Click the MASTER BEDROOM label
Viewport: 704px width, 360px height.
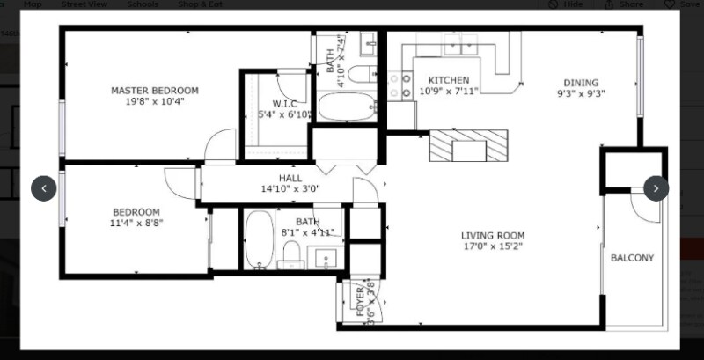(x=154, y=90)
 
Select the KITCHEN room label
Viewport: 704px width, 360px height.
(x=448, y=80)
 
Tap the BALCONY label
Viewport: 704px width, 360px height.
(x=632, y=258)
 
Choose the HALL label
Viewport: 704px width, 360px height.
(x=290, y=177)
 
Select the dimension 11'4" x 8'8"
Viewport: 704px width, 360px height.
(x=136, y=223)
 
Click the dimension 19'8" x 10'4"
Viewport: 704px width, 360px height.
(x=154, y=101)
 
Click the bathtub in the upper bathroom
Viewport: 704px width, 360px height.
(x=346, y=107)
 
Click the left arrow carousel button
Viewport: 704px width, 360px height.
(x=44, y=188)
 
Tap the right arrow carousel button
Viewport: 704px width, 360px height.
(x=656, y=188)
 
